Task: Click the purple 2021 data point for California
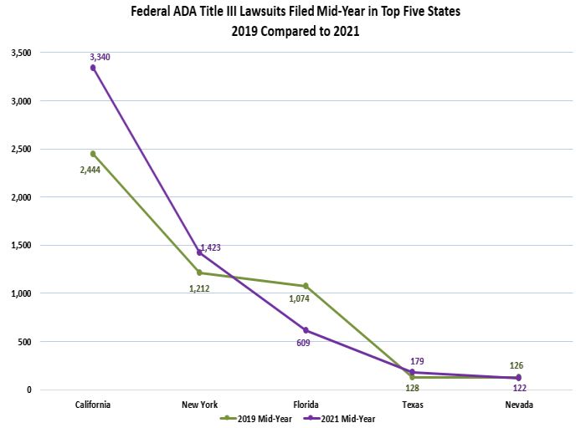[93, 68]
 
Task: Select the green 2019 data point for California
[93, 154]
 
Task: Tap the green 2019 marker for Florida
[306, 286]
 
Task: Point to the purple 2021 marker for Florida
[306, 330]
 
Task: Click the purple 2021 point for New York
[199, 252]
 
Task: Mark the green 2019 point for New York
[199, 273]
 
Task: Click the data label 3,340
[100, 57]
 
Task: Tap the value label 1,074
[301, 298]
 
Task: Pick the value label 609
[303, 343]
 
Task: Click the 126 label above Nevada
[517, 364]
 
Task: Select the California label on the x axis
[92, 405]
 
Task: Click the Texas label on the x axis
[412, 405]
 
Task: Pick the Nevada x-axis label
[518, 405]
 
